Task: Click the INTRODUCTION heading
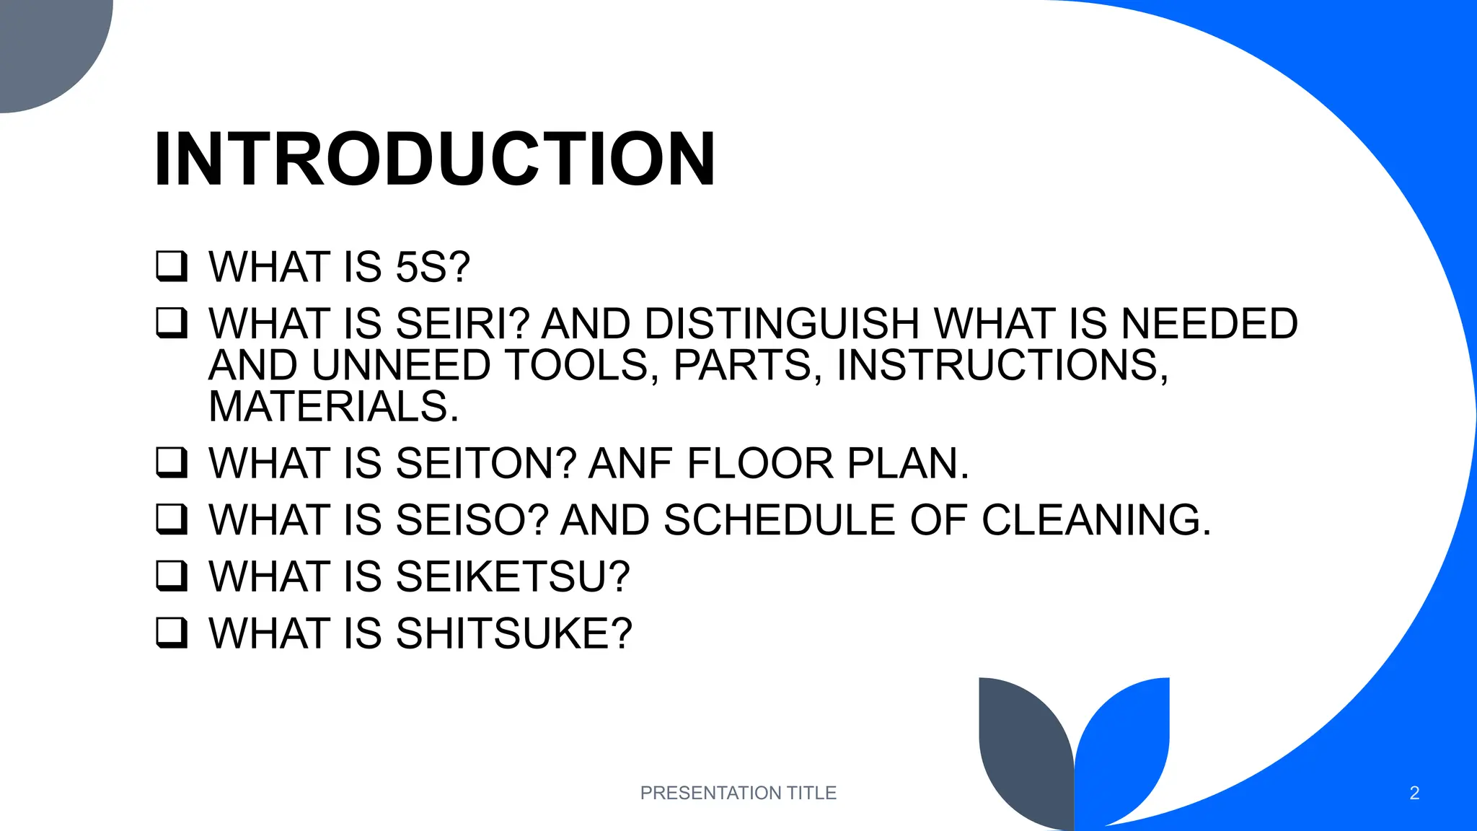coord(435,159)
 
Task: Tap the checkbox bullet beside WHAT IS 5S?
coord(172,266)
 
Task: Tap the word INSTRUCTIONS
coord(1002,365)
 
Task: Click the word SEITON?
coord(486,463)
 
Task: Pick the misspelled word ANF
coord(631,463)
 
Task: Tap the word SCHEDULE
coord(779,520)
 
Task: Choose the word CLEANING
coord(1096,520)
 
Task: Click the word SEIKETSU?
coord(513,577)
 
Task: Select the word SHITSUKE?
coord(513,633)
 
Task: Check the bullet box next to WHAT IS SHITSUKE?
coord(172,633)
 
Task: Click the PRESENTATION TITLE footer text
coord(738,793)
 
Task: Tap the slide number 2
coord(1414,793)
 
